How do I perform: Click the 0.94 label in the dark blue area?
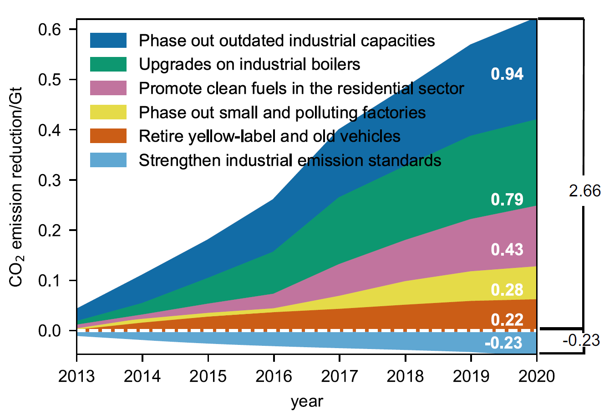507,74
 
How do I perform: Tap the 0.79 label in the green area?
507,200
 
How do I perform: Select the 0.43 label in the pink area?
507,250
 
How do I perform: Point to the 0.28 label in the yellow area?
507,290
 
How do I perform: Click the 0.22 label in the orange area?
507,319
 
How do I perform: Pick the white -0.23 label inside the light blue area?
503,343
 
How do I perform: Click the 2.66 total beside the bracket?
584,191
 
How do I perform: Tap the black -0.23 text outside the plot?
581,340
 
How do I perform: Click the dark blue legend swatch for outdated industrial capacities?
108,40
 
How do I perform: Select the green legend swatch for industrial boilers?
108,64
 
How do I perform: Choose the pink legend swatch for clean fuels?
108,88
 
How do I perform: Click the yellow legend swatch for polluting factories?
108,112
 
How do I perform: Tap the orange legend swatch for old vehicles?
108,136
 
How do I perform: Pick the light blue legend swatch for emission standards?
108,160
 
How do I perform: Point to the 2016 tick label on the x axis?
274,376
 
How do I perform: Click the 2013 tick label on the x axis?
76,376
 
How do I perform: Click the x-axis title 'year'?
307,401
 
